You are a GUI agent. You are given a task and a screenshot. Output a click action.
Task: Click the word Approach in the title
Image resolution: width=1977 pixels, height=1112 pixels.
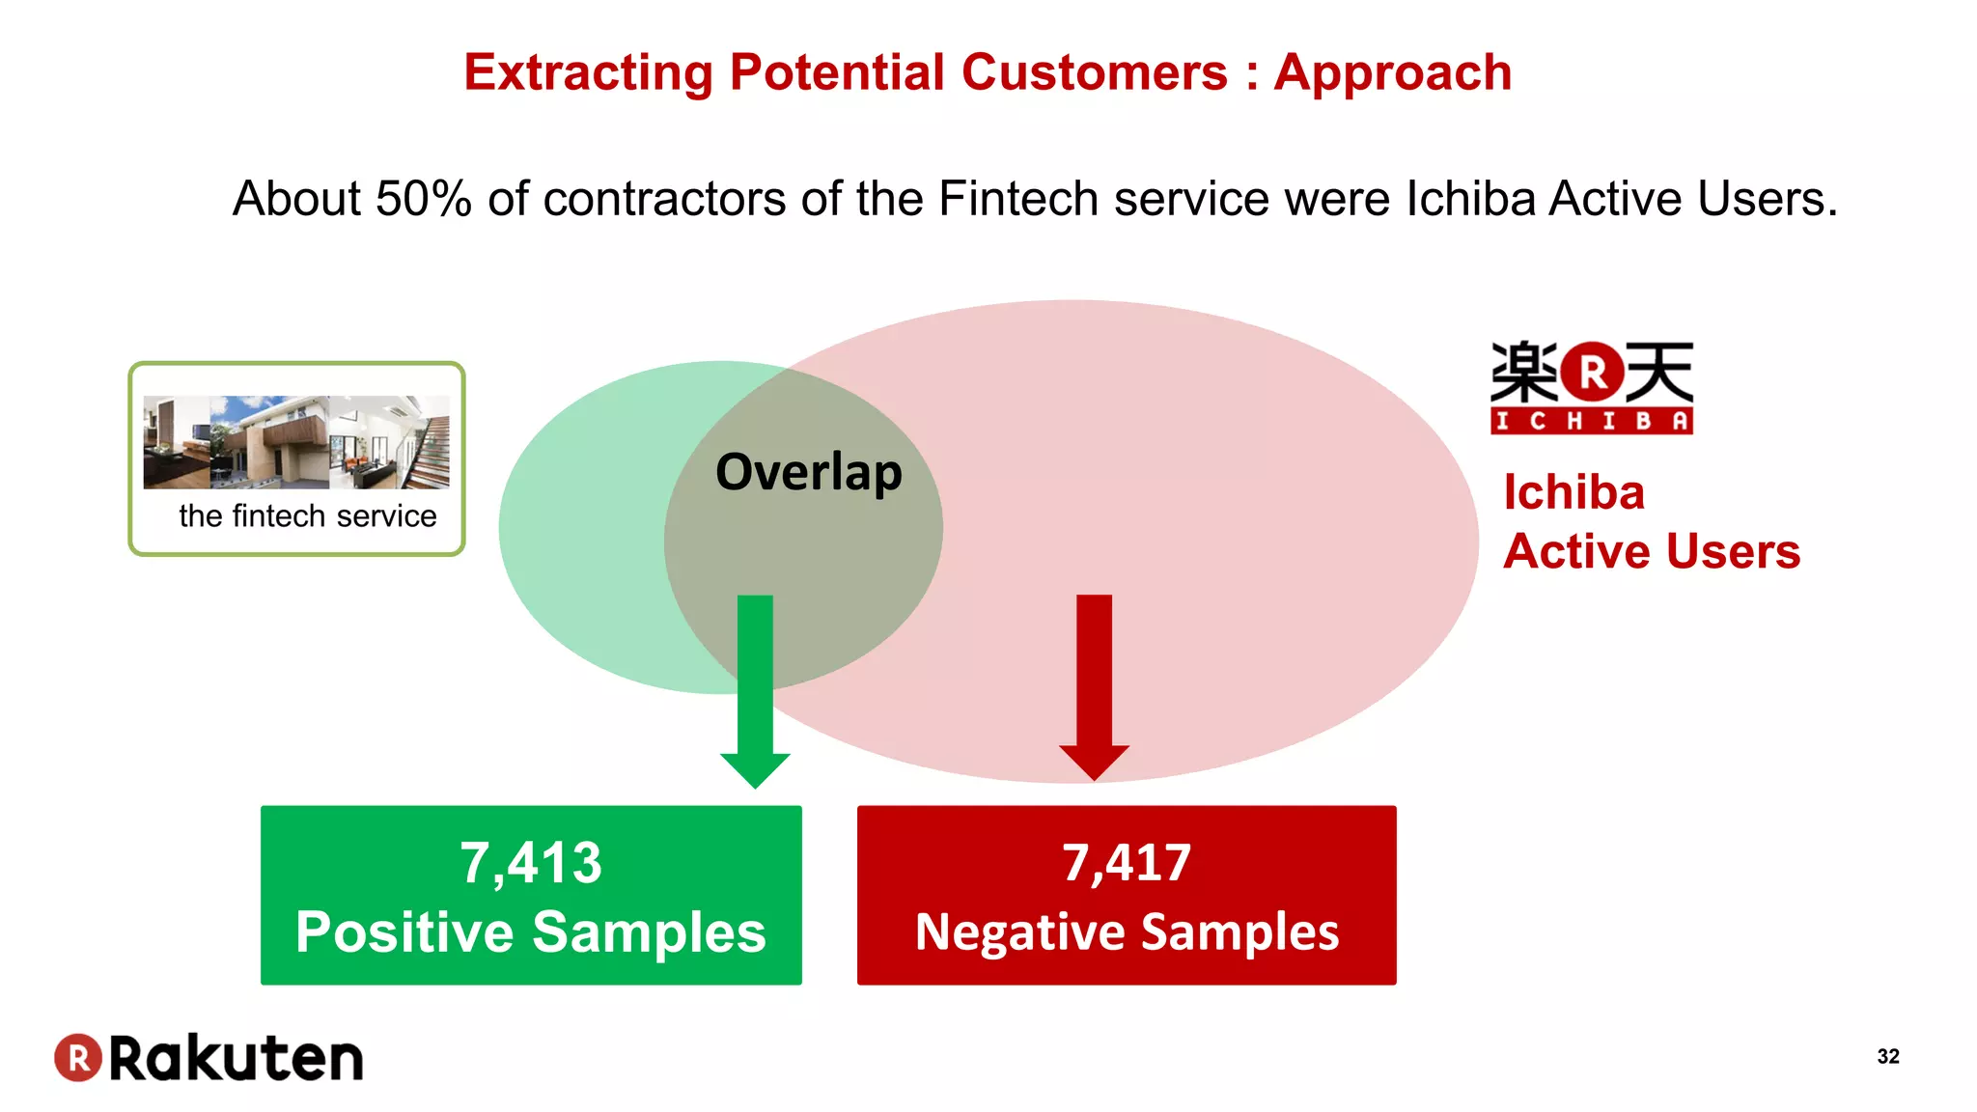1392,73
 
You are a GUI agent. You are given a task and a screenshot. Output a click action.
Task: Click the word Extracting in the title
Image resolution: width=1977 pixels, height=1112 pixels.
588,73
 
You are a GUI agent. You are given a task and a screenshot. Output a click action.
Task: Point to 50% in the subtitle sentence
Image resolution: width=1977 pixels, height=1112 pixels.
423,199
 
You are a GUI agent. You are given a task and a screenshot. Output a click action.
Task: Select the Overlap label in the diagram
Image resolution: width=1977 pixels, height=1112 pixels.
808,472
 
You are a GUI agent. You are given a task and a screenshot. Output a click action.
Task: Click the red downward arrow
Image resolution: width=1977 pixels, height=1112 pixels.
1094,685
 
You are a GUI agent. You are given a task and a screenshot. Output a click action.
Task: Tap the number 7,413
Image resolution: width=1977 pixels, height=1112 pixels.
530,862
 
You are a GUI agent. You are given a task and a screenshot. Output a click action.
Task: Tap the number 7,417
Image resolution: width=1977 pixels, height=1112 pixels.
1127,862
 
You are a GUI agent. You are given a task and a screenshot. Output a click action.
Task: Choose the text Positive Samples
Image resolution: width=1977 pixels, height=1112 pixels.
530,932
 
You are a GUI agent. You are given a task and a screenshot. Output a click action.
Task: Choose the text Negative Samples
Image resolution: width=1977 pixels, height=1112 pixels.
1127,932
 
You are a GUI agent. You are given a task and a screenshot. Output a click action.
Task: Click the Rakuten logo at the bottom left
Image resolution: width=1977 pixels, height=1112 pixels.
209,1058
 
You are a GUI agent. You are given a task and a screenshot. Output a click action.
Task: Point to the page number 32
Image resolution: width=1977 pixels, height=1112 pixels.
1887,1056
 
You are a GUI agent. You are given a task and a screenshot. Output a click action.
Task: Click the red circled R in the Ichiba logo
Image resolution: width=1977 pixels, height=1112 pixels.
1592,372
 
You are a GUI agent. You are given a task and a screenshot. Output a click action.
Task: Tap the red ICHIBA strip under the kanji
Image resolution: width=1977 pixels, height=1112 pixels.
1591,422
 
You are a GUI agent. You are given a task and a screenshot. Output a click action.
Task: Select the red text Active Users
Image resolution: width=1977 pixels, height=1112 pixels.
1651,552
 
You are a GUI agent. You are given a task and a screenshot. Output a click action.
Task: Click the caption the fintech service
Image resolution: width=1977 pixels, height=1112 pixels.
307,516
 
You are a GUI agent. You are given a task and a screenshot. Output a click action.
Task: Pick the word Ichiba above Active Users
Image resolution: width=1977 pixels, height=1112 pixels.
1573,493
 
